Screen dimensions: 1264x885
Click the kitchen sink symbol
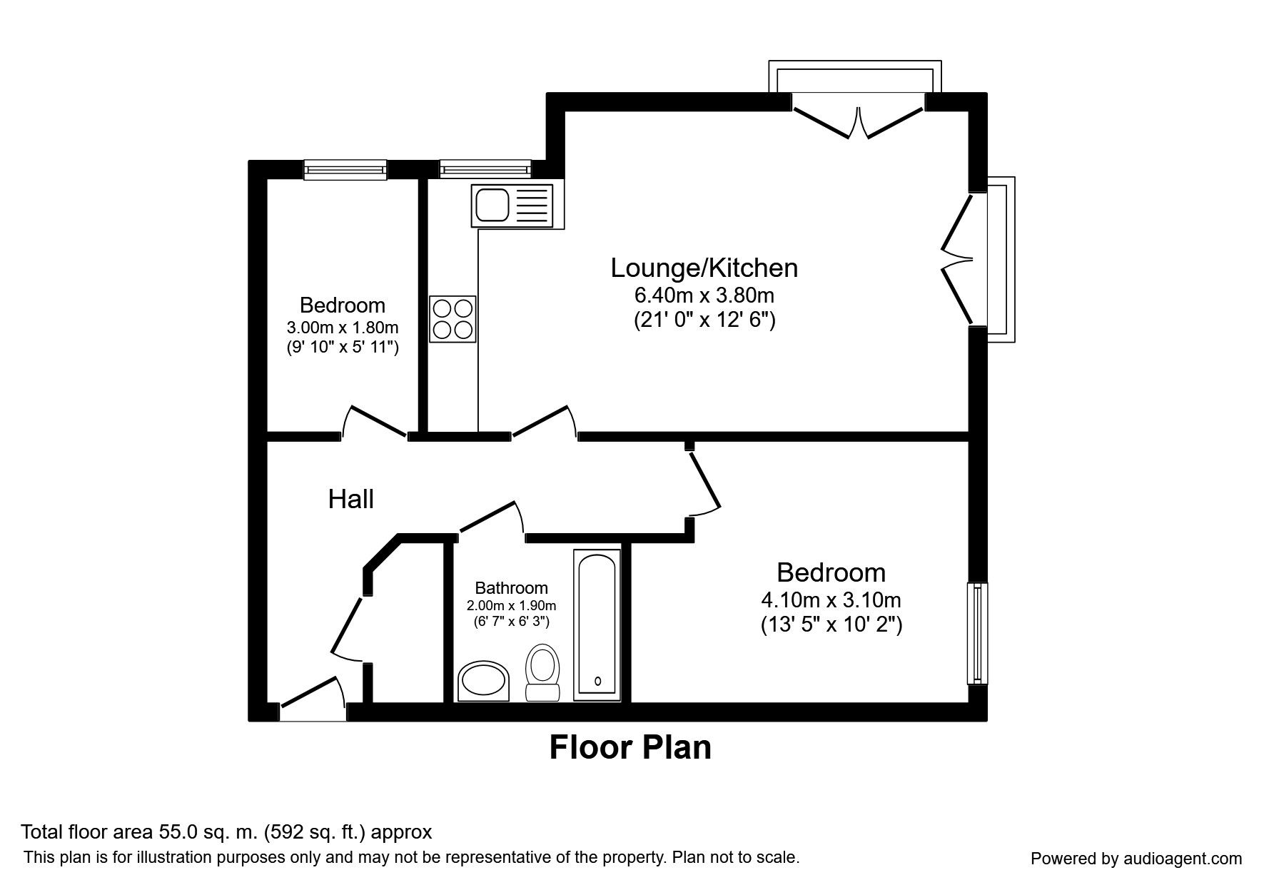[x=512, y=206]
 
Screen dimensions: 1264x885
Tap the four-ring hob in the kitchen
[x=453, y=319]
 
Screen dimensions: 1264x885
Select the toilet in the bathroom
[x=542, y=672]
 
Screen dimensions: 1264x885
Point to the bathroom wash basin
[x=483, y=681]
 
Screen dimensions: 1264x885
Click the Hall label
[x=351, y=499]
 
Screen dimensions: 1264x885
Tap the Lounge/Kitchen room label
[x=704, y=268]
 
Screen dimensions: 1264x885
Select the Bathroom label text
[x=512, y=588]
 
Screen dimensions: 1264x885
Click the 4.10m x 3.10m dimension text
[x=831, y=600]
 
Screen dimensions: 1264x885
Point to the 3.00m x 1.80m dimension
[x=343, y=328]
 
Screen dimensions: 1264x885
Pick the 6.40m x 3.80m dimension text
[x=704, y=295]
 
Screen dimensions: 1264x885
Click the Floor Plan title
[x=630, y=747]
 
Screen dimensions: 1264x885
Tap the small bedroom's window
[x=345, y=169]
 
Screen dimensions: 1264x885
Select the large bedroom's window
[x=978, y=633]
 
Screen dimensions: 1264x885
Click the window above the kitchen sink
[x=485, y=169]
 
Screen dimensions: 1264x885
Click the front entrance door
[x=312, y=699]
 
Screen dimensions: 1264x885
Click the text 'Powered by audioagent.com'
[x=1136, y=859]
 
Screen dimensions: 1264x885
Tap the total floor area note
[x=226, y=832]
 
